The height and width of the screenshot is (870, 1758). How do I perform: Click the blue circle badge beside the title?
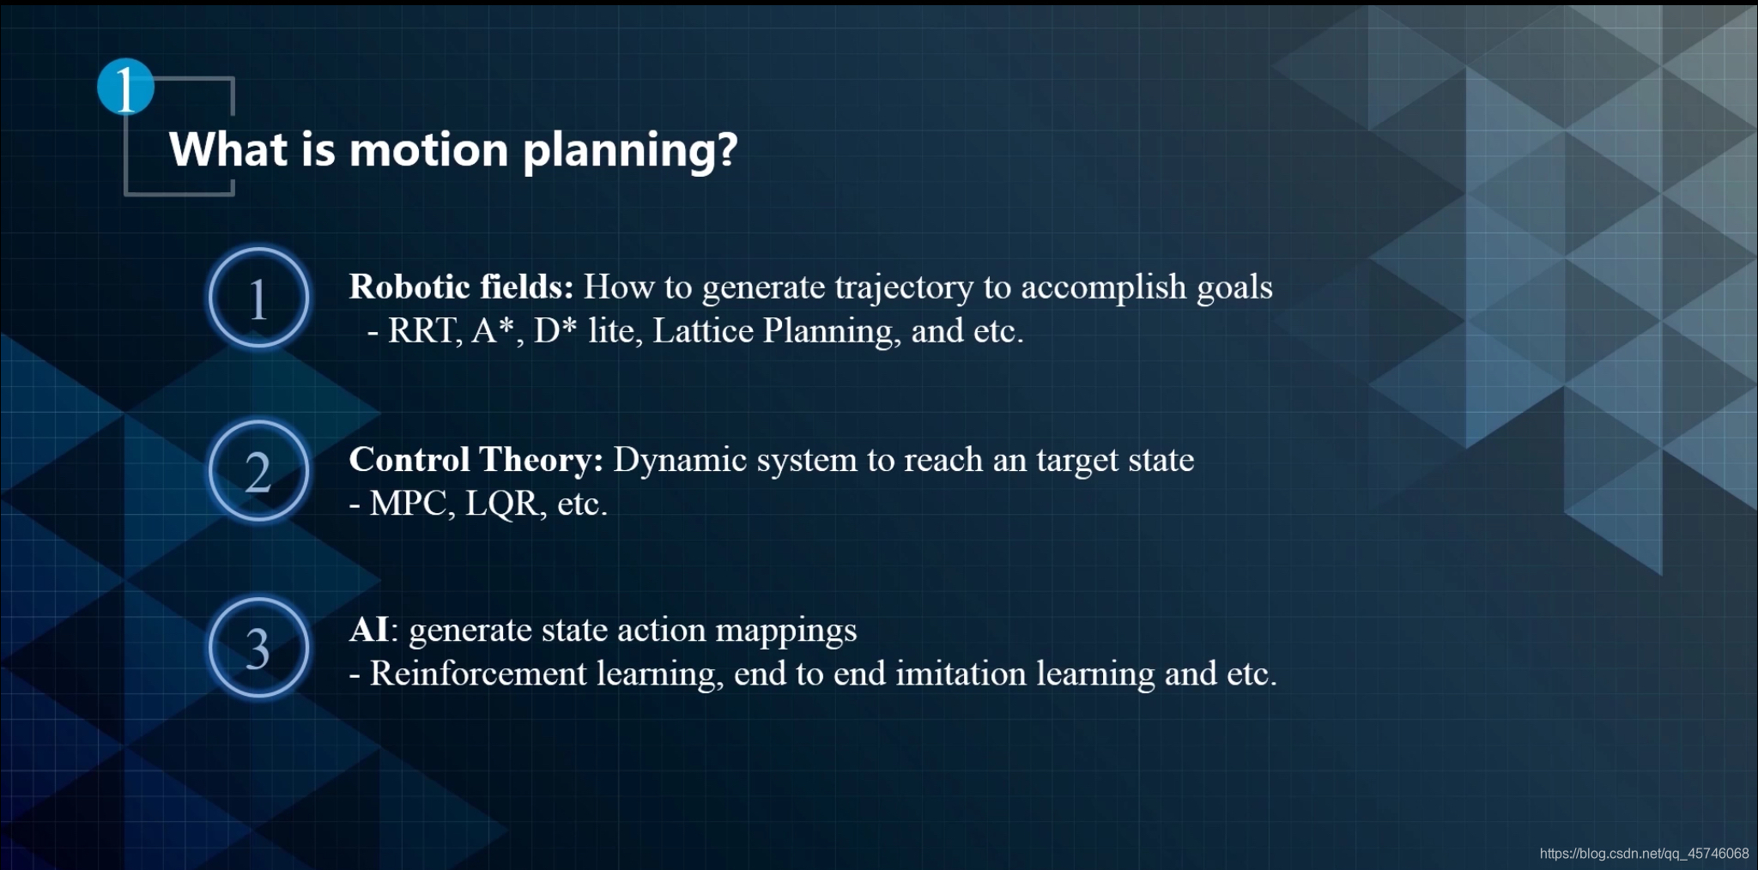click(x=125, y=87)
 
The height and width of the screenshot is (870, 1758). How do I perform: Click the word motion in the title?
click(x=429, y=149)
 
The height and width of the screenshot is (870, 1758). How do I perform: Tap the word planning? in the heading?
click(x=630, y=152)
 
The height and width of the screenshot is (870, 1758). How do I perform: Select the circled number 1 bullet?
click(x=258, y=298)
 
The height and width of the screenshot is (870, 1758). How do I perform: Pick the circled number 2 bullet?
click(x=258, y=471)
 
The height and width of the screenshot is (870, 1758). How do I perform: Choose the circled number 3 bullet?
click(x=258, y=648)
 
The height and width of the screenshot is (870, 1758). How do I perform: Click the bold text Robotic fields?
click(x=461, y=287)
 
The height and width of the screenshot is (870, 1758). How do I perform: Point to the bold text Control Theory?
click(x=476, y=460)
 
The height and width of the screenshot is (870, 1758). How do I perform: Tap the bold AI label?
click(x=369, y=630)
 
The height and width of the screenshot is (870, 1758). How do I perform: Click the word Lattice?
click(x=703, y=331)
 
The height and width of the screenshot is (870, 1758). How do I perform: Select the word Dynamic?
click(x=680, y=462)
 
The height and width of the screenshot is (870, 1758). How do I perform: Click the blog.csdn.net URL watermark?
click(x=1644, y=854)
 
